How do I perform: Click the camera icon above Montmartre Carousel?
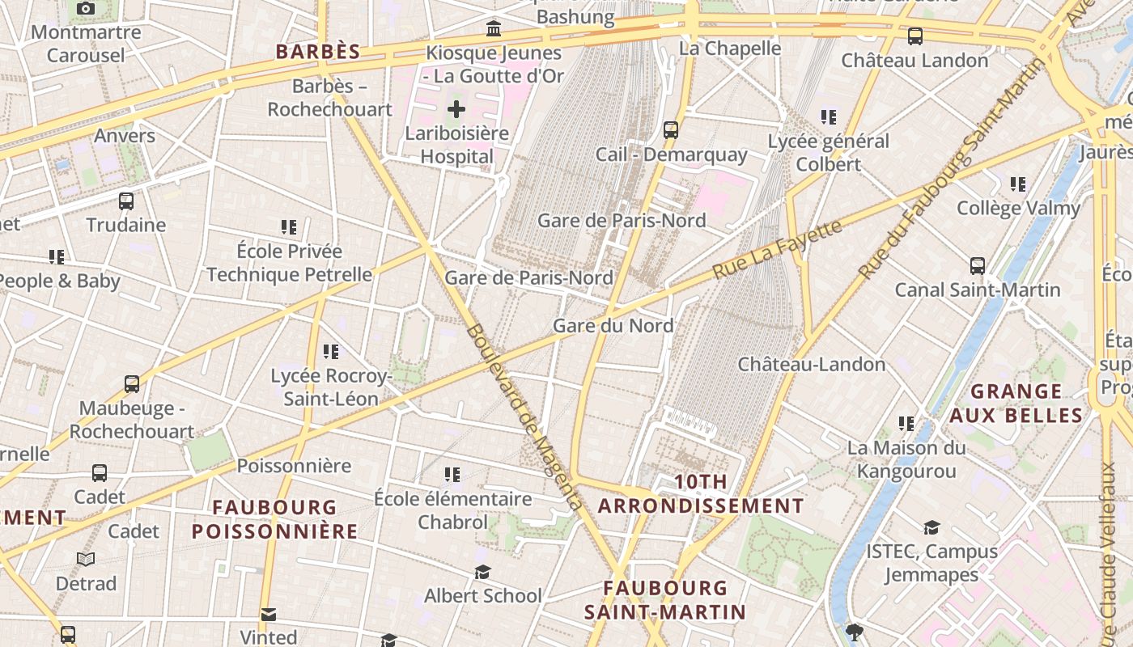point(85,9)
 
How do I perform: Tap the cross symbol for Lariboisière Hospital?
point(456,108)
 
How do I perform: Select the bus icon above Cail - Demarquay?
point(670,129)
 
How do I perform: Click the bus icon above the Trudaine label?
point(126,201)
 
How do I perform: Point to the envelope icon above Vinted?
point(269,614)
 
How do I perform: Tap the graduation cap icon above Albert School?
point(483,573)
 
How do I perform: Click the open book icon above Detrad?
point(86,559)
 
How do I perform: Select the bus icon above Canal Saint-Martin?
point(978,265)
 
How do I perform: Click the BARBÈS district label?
point(317,52)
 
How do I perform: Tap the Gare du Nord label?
point(613,326)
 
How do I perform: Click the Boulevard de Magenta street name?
point(524,417)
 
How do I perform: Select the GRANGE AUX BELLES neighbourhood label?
point(1016,404)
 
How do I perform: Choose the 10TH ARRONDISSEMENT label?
point(701,494)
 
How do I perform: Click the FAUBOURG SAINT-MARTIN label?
point(665,599)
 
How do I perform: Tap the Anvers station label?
point(125,135)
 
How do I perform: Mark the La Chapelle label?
point(730,49)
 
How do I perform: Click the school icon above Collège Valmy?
point(1018,184)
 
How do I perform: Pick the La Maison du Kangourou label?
point(906,459)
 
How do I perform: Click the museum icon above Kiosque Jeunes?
point(494,30)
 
